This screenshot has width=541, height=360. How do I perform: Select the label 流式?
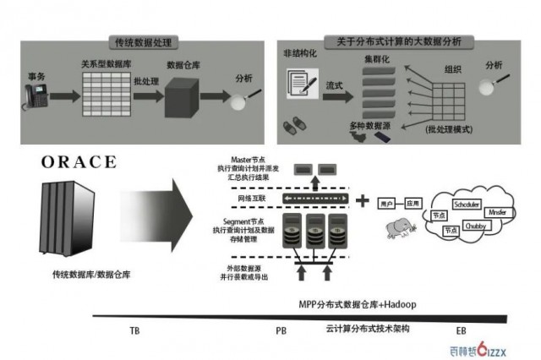pos(335,87)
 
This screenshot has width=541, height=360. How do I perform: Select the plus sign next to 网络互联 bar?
pos(363,200)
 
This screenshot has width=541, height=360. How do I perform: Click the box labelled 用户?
pos(388,204)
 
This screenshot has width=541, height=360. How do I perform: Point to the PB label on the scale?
pos(281,330)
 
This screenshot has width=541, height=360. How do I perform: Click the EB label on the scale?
pos(461,330)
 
